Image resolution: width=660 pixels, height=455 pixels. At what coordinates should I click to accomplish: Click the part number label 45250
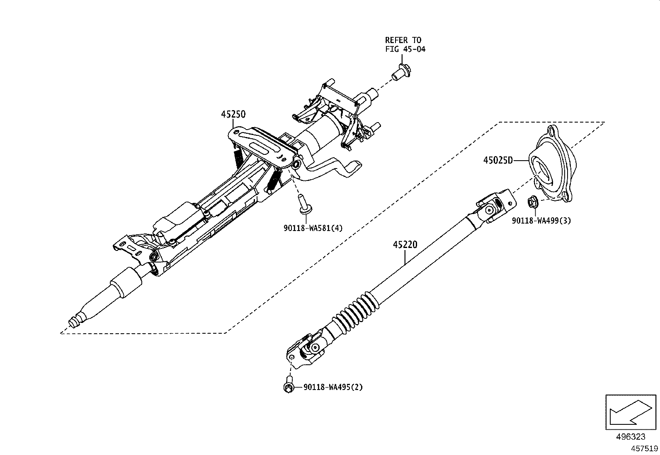coord(233,114)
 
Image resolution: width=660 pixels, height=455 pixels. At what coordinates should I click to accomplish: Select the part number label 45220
coord(405,245)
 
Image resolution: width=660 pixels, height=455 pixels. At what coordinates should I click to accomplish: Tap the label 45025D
coord(497,160)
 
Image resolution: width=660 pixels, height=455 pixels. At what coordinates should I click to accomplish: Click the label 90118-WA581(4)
coord(313,227)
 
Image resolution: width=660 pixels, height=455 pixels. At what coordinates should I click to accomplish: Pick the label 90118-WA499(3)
coord(541,221)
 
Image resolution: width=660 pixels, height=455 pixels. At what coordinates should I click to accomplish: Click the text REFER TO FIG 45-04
coord(405,44)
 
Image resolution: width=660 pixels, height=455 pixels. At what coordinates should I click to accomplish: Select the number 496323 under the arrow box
coord(631,437)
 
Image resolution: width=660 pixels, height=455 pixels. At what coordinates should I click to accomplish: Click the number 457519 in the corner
coord(644,448)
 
